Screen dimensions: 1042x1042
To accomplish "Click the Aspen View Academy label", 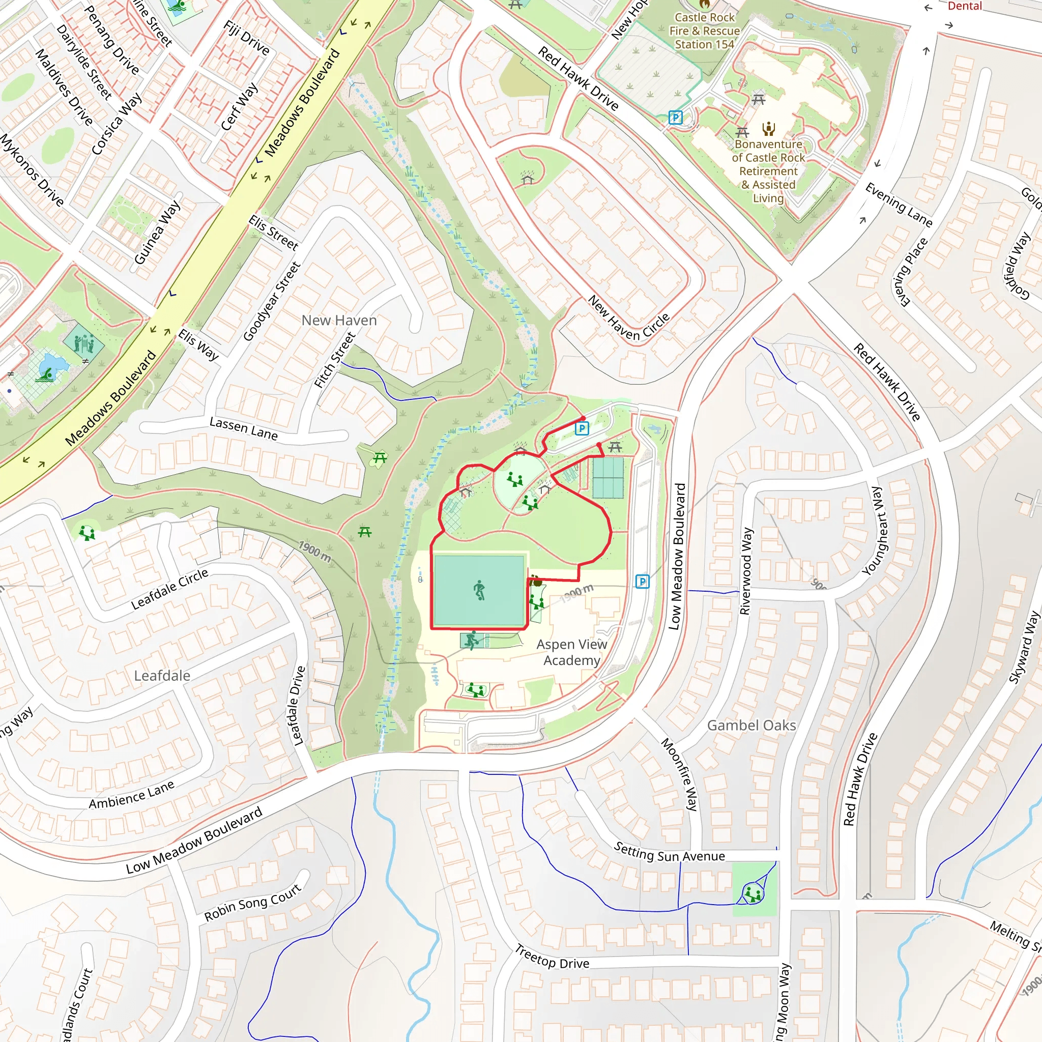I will click(x=572, y=652).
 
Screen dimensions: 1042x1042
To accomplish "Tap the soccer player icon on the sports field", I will click(x=479, y=590).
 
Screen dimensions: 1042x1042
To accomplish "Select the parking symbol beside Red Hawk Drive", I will click(x=675, y=117).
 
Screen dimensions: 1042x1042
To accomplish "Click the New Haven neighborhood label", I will click(x=339, y=321).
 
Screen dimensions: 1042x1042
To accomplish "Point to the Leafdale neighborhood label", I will click(x=162, y=676).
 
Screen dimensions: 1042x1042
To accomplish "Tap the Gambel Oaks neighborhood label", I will click(x=751, y=726).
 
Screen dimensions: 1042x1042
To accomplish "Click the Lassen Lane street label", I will click(x=244, y=428).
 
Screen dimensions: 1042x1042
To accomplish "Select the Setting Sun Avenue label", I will click(x=670, y=852).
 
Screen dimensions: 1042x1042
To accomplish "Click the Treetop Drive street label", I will click(x=552, y=956).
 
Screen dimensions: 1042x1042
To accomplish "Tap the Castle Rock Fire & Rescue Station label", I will click(x=704, y=31).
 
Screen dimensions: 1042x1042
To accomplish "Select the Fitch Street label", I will click(x=335, y=360).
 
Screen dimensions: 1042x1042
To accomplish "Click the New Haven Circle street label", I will click(x=628, y=319).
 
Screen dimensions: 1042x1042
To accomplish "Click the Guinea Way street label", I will click(x=157, y=233).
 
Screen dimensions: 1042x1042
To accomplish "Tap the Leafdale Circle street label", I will click(x=169, y=589).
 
